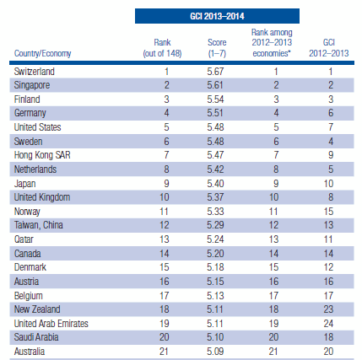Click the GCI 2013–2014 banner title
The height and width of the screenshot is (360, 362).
[217, 16]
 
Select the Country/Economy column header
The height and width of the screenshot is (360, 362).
[42, 53]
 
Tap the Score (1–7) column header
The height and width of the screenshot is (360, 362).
[217, 48]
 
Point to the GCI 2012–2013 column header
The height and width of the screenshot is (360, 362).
[329, 48]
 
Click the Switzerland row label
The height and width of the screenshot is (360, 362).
[35, 72]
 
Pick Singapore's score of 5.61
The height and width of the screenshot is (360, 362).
[215, 85]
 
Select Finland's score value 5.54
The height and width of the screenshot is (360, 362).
[215, 99]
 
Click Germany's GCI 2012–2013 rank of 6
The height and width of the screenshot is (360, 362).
[331, 113]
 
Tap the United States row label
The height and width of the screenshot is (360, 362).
[37, 127]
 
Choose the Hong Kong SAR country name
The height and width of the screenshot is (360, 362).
[42, 155]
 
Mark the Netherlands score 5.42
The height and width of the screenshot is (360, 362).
[215, 169]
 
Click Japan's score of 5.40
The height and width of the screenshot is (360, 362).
[215, 184]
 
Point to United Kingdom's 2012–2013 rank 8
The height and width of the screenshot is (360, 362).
[331, 197]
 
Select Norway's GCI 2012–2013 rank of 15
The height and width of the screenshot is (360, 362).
[328, 212]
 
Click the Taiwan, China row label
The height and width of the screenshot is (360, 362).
[39, 225]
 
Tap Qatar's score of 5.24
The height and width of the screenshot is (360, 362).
[215, 239]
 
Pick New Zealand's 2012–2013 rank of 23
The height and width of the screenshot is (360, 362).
[328, 309]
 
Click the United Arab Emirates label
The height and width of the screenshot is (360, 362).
[51, 324]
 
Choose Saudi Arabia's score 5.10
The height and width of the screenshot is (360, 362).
[215, 337]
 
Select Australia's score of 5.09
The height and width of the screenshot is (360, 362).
[215, 352]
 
